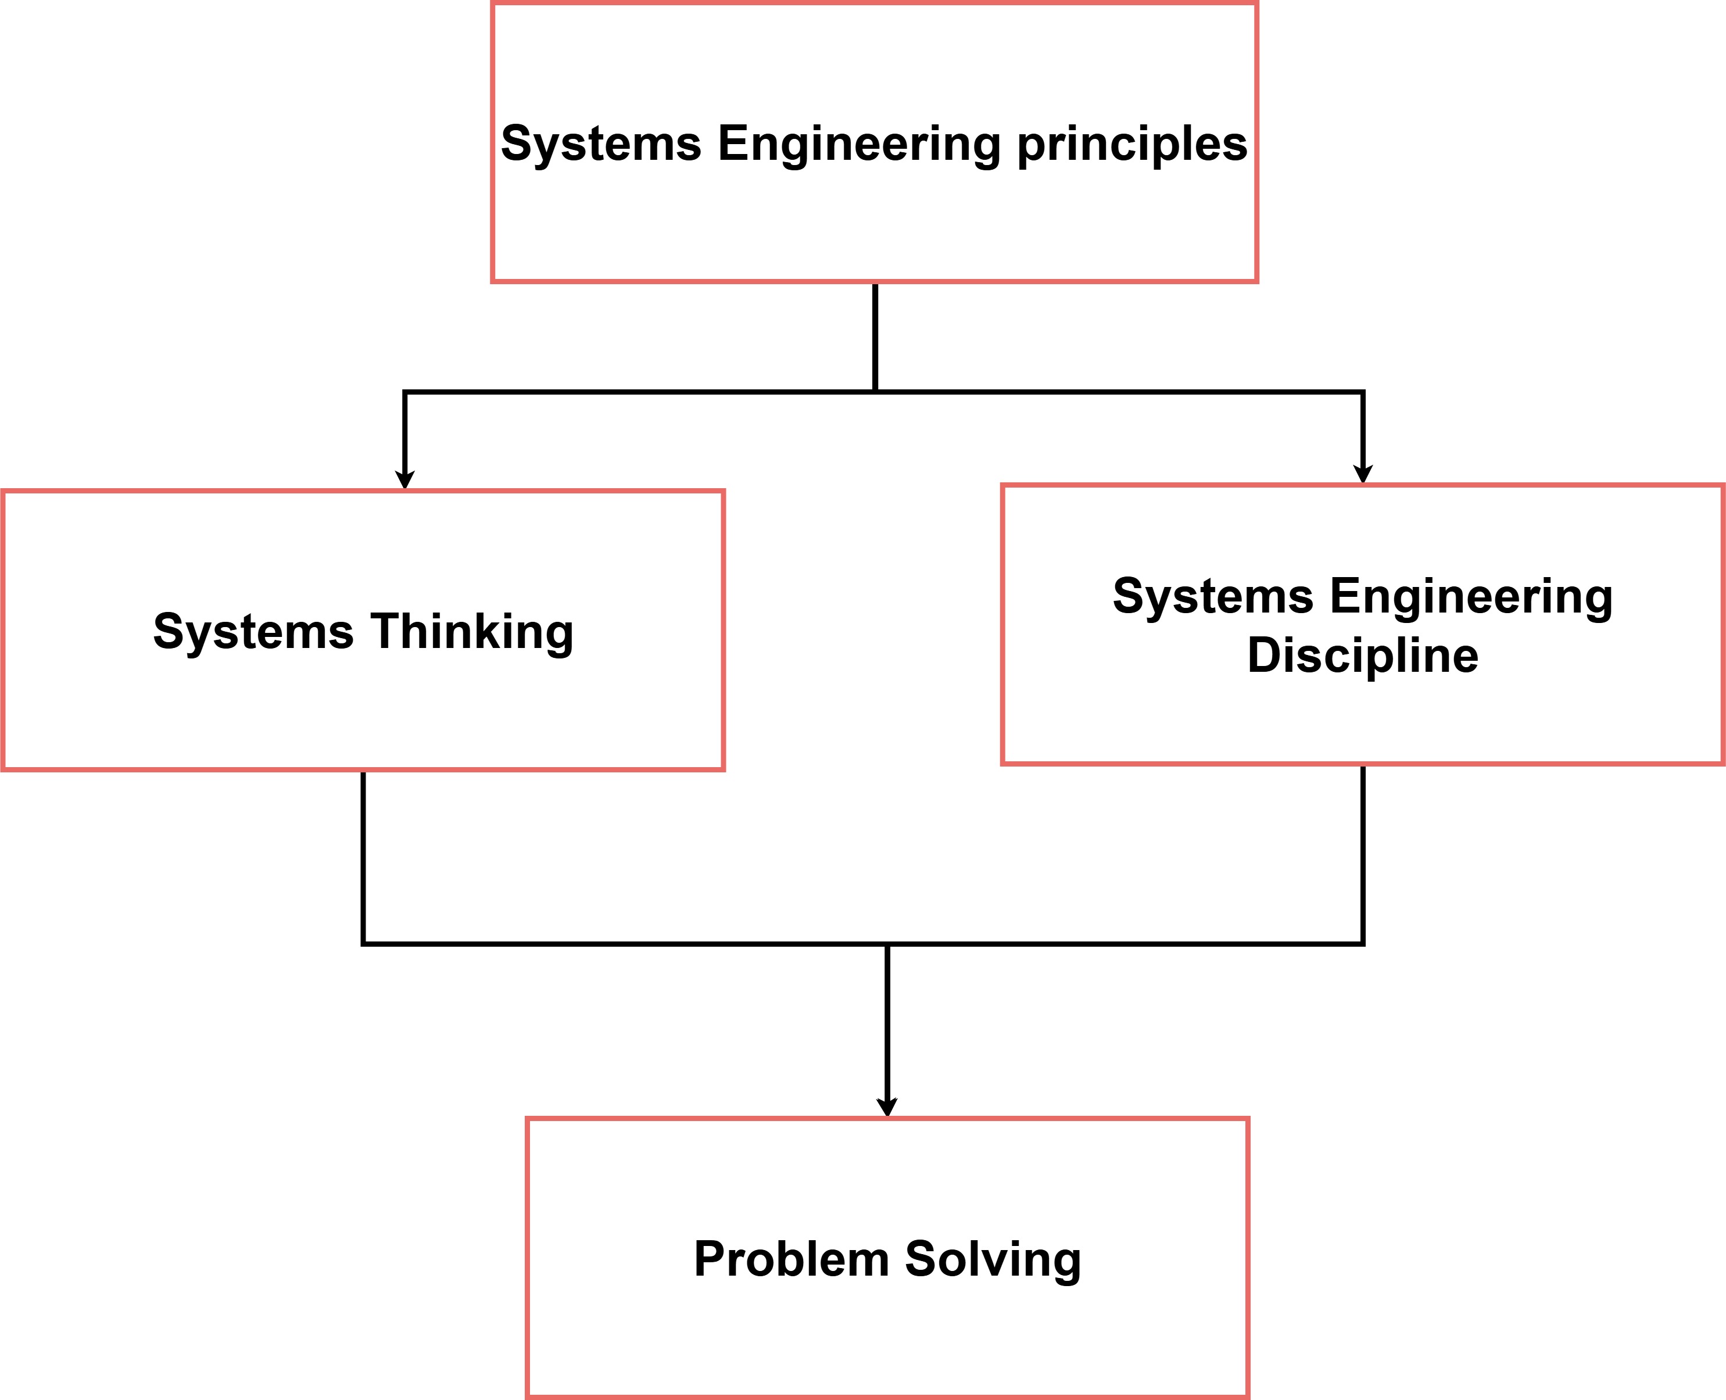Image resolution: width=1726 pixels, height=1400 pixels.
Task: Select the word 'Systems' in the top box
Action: tap(601, 145)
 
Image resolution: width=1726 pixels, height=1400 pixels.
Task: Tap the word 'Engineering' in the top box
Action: tap(859, 145)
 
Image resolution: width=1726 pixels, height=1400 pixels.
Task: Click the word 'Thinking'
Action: tap(472, 632)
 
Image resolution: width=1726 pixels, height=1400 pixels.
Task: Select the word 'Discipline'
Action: tap(1362, 656)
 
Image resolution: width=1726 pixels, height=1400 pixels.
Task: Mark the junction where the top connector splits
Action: tap(875, 392)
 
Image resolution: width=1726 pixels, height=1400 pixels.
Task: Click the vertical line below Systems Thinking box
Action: tap(364, 855)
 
